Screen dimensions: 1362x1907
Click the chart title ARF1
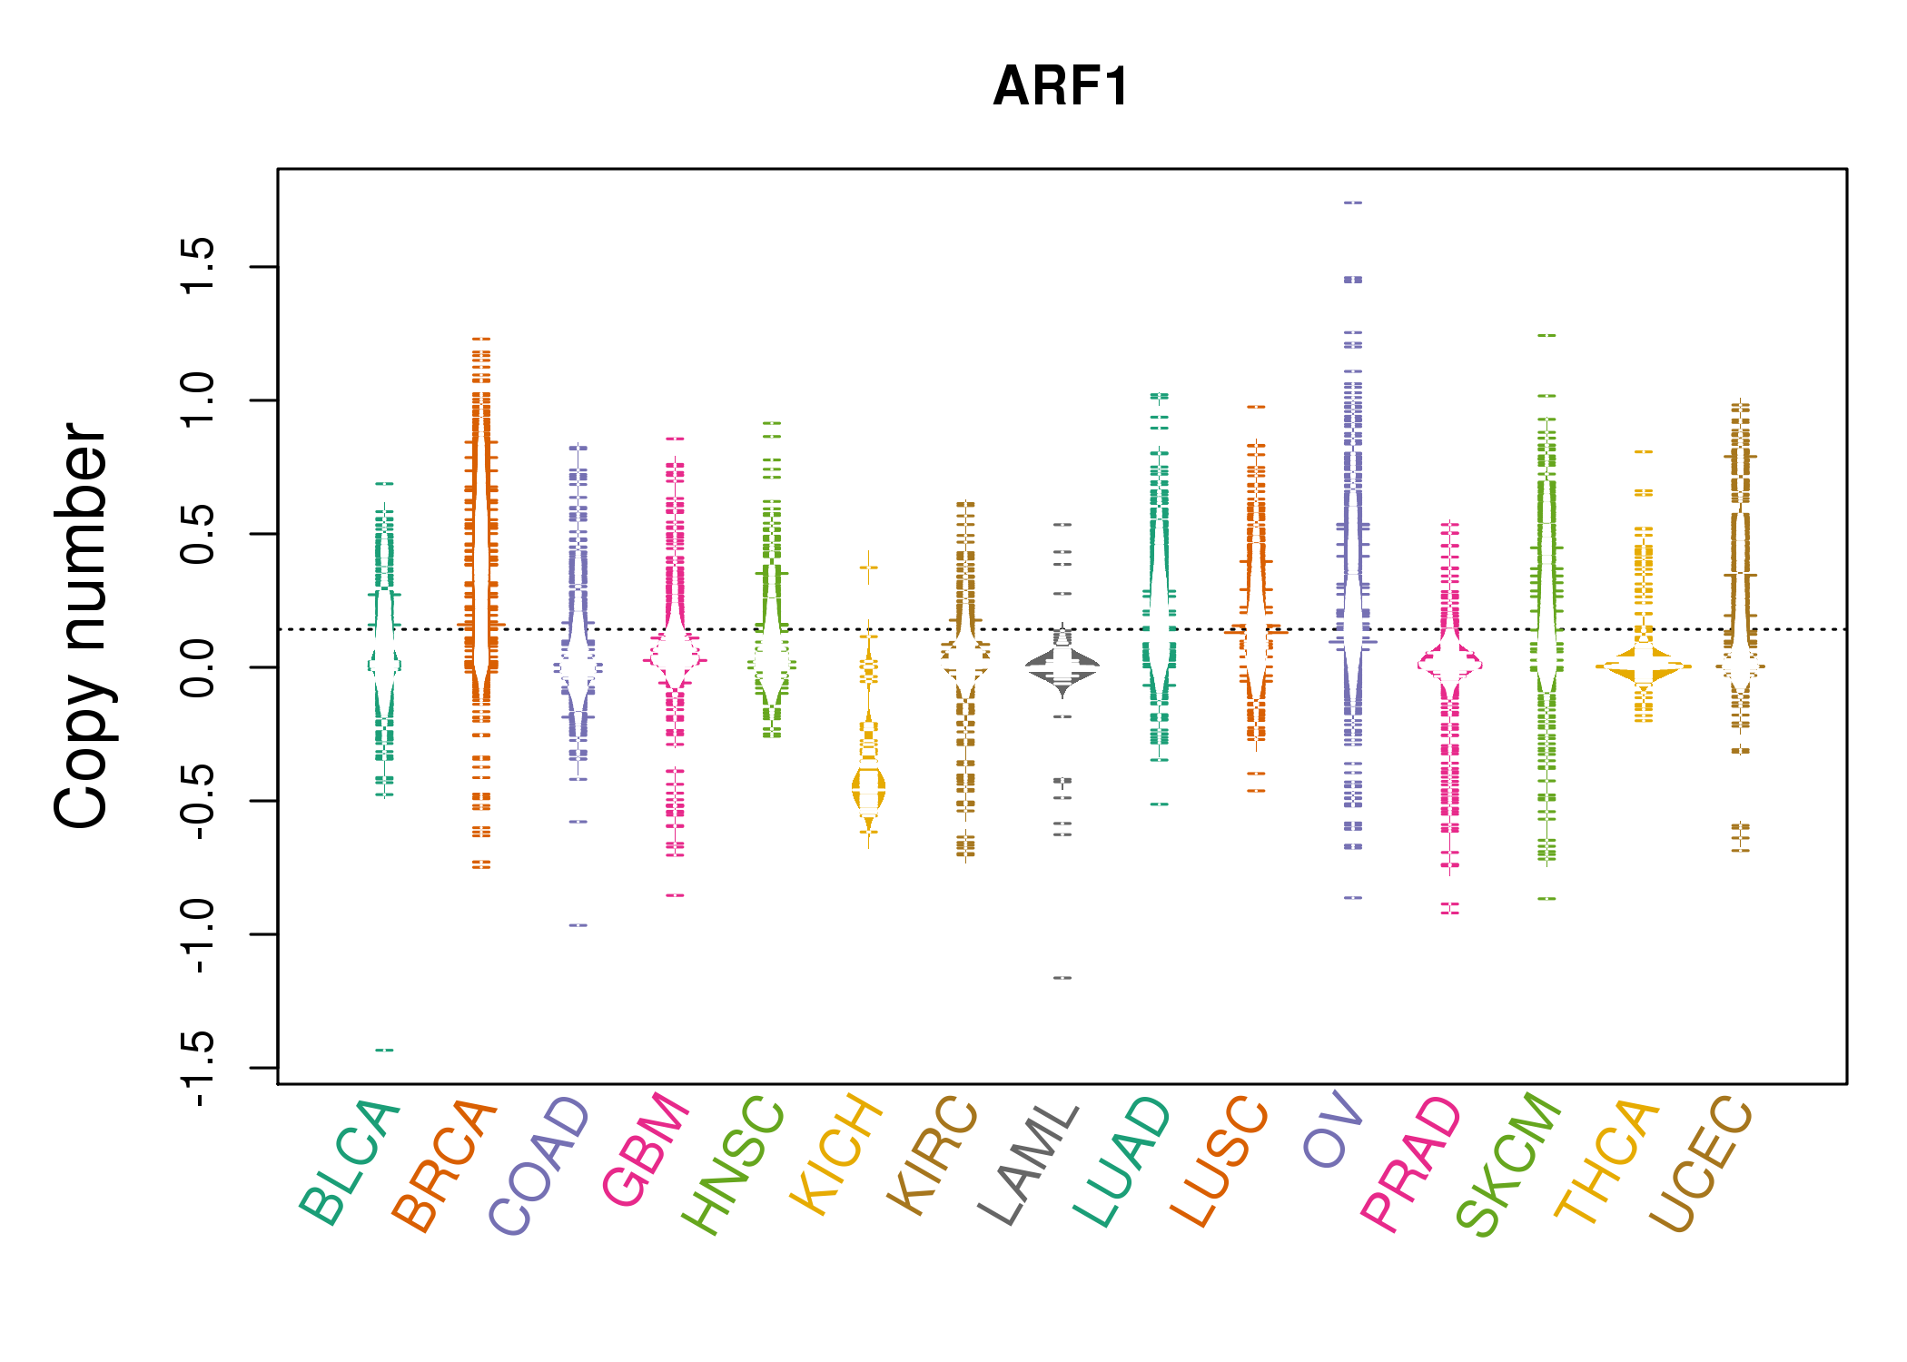1061,87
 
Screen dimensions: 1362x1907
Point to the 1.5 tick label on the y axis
197,266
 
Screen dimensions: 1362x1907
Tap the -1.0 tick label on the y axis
197,934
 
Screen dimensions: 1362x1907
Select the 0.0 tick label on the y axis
197,667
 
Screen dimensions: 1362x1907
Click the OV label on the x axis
1333,1131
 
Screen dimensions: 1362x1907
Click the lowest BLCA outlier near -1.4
384,1051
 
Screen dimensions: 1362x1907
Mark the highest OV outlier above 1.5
1353,203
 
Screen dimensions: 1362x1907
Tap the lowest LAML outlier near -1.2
1062,978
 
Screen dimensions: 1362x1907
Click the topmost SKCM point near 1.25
1546,336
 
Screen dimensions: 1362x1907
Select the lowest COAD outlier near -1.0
578,925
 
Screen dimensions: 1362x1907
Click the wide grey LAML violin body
1062,666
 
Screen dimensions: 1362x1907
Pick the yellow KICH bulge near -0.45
869,787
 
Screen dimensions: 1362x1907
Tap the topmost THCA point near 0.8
1644,451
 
